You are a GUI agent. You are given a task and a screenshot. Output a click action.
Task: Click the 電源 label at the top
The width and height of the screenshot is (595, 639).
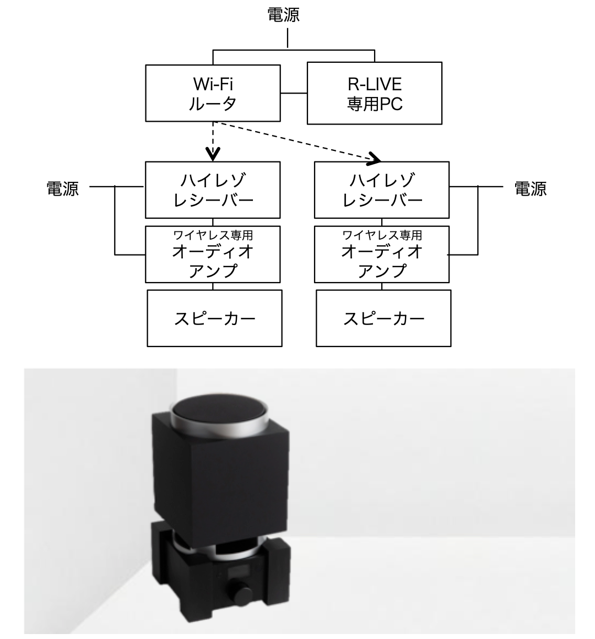click(x=283, y=15)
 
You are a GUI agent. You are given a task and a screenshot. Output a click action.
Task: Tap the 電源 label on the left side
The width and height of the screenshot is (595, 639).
click(x=62, y=189)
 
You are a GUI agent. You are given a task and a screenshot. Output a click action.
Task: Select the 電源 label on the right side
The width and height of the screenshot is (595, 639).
click(x=530, y=189)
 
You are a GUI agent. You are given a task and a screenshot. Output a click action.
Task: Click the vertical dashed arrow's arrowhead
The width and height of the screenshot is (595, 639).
click(x=213, y=155)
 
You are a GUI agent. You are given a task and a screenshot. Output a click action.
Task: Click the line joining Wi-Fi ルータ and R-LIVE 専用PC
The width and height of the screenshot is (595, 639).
click(x=294, y=93)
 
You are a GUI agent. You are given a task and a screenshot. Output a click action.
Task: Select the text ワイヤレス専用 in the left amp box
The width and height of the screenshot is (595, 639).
click(x=213, y=235)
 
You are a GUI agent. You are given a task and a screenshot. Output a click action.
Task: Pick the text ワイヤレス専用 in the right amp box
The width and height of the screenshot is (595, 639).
click(x=382, y=235)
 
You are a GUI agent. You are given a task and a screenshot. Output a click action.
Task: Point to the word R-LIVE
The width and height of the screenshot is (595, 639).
click(x=375, y=84)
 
